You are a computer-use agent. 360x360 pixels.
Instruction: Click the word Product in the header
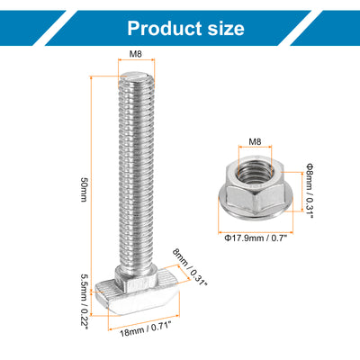coord(164,29)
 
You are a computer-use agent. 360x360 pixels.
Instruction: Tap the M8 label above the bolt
coord(135,54)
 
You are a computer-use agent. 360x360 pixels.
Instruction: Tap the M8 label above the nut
coord(255,141)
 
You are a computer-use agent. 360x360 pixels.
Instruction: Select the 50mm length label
coord(84,190)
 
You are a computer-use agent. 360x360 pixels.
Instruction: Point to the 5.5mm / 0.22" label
coord(84,301)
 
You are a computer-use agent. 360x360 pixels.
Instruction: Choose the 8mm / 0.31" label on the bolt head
coord(190,267)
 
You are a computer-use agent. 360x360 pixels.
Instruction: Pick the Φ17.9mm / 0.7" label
coord(256,238)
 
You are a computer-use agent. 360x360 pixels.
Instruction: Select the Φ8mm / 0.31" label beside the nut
coord(310,190)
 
